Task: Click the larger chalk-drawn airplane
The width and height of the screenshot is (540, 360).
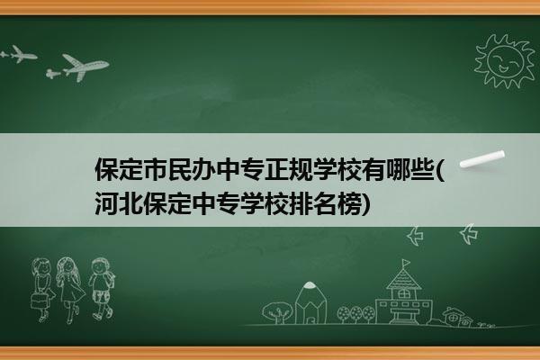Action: [79, 67]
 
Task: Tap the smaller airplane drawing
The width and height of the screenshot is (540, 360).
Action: [19, 54]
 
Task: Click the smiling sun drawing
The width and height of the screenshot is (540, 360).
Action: [504, 61]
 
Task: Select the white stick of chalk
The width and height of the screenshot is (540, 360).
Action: [482, 159]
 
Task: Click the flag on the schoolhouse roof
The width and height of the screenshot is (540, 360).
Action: [407, 263]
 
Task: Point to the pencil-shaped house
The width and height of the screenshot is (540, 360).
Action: [310, 302]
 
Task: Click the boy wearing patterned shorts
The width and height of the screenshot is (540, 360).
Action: [101, 288]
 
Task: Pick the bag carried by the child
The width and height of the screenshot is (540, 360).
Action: [38, 301]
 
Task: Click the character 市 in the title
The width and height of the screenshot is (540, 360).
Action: [155, 169]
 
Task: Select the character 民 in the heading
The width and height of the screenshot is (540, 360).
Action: [179, 169]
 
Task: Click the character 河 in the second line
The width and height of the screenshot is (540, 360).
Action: [107, 204]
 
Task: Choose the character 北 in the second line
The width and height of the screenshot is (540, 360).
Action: [130, 204]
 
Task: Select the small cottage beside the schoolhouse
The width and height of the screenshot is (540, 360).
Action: [456, 316]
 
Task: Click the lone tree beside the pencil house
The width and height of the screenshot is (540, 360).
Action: [276, 312]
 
